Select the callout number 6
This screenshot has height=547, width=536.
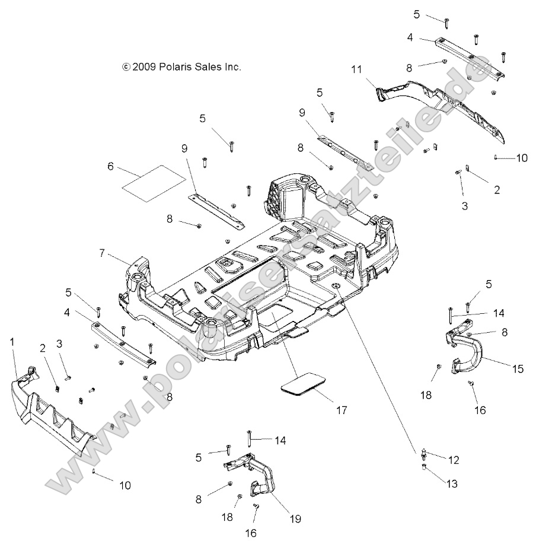pos(110,167)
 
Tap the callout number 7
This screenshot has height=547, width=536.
pos(103,253)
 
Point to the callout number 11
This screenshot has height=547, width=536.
pos(356,69)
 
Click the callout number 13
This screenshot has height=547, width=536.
pos(452,484)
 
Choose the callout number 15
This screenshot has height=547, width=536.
pos(518,368)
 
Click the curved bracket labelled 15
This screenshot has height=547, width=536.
pos(465,350)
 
